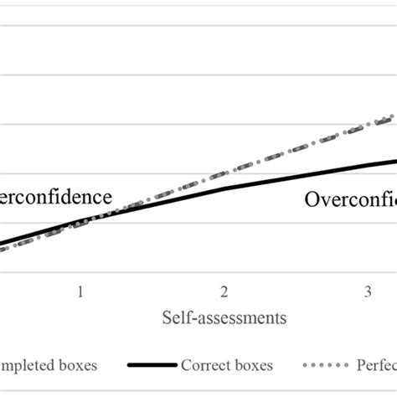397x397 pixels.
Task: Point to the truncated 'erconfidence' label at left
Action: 55,198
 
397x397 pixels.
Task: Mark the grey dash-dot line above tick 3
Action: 368,127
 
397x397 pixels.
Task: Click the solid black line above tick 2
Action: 224,189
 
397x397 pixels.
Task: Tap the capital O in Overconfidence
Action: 312,199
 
